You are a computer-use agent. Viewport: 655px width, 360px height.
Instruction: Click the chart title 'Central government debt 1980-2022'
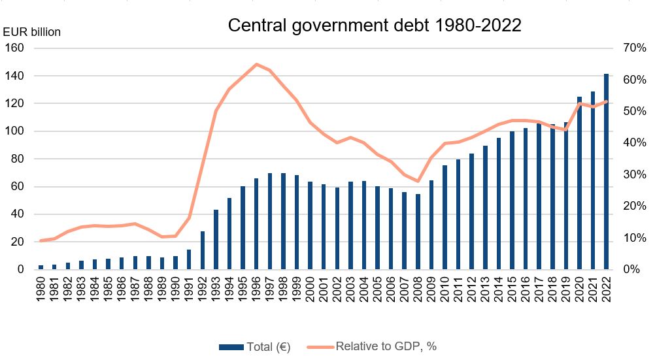tap(374, 25)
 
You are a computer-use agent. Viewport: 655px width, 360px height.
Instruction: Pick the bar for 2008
tap(418, 231)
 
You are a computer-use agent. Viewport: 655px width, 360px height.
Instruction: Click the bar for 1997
tap(270, 221)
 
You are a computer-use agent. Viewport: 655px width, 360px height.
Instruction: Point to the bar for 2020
tap(579, 183)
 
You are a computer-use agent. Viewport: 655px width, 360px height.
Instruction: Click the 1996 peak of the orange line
tap(256, 64)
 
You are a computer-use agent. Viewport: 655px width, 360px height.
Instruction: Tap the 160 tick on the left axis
tap(16, 48)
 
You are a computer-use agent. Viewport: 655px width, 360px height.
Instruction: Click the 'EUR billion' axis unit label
tap(33, 32)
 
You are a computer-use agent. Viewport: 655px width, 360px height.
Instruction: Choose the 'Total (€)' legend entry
tap(260, 346)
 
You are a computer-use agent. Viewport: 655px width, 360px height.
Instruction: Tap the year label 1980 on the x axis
tap(41, 290)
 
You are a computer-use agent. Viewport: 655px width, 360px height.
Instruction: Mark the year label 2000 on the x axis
tap(310, 290)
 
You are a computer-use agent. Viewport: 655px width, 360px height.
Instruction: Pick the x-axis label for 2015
tap(511, 290)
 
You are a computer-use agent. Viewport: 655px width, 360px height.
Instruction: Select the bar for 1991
tap(190, 259)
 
